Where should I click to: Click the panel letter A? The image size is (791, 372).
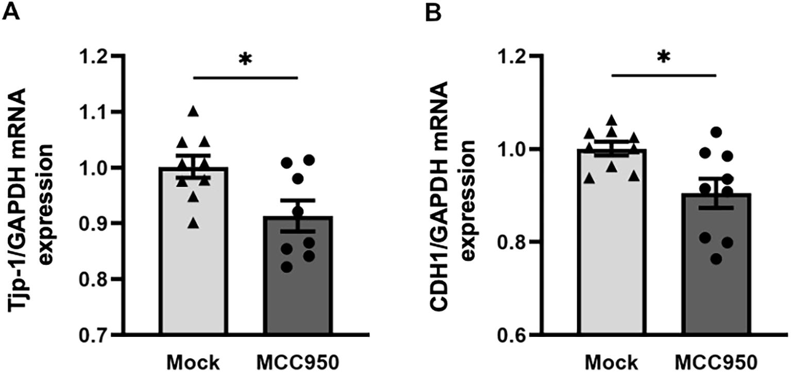pyautogui.click(x=11, y=12)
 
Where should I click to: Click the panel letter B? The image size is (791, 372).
pyautogui.click(x=433, y=12)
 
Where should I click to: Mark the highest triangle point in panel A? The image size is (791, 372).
pyautogui.click(x=193, y=110)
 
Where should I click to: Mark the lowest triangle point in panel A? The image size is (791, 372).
pyautogui.click(x=193, y=223)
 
